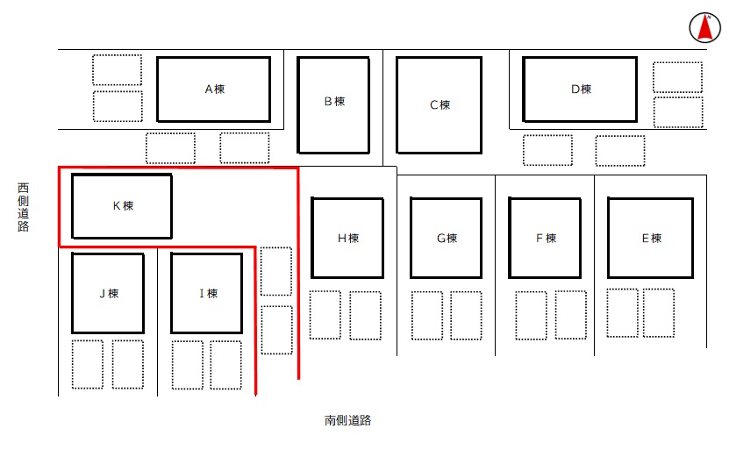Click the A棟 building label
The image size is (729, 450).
215,89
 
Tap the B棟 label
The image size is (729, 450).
335,102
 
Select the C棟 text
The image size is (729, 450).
440,104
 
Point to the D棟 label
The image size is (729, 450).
581,89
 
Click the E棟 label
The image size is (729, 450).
652,238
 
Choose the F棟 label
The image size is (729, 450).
547,238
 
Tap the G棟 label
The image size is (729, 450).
447,238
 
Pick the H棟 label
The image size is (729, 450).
348,238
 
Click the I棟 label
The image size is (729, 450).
208,293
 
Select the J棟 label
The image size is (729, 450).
110,293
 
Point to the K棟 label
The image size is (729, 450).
123,205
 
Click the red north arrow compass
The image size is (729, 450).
704,27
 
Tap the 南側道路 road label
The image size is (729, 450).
347,420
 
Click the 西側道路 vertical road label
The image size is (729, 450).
23,207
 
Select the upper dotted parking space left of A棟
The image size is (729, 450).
118,69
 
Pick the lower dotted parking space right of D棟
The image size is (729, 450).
678,112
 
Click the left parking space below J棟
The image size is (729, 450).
88,364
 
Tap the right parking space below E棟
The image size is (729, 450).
659,313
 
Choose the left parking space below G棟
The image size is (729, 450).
427,316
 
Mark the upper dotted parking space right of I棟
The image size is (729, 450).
276,271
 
